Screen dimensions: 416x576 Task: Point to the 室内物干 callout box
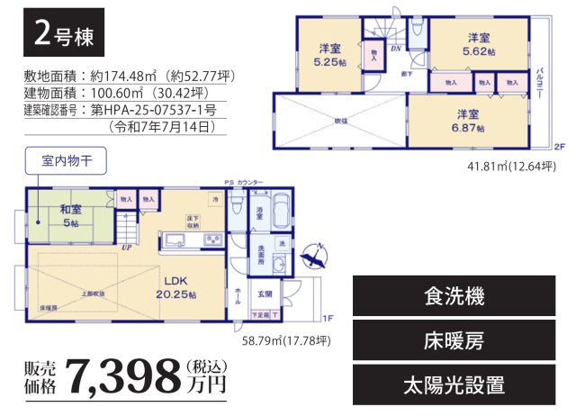click(x=66, y=163)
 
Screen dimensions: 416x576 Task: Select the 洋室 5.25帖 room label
click(x=328, y=56)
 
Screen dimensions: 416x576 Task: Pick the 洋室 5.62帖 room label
click(x=478, y=45)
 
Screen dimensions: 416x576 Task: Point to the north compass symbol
click(x=314, y=258)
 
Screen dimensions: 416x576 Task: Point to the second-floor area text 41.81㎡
click(x=506, y=165)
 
